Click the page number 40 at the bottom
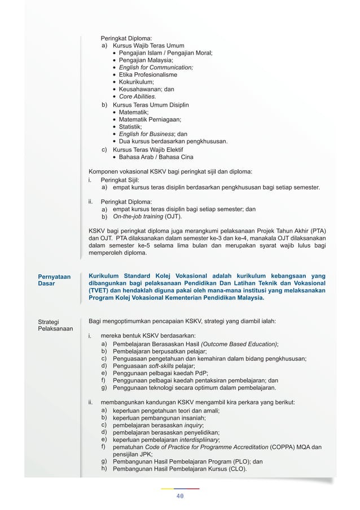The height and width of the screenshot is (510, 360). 180,496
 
